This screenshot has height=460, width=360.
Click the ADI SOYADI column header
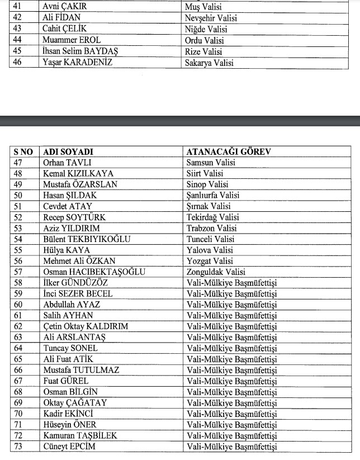coord(68,151)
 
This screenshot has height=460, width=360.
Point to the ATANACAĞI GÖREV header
coord(229,151)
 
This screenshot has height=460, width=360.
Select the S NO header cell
coord(23,151)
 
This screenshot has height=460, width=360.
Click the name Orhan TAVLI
coord(63,163)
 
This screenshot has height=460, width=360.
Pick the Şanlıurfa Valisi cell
coord(213,196)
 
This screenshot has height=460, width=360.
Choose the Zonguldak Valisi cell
coord(216,272)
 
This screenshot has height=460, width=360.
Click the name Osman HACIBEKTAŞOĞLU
coord(94,272)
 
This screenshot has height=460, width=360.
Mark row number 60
coord(18,305)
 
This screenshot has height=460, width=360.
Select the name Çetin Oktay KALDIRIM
coord(86,326)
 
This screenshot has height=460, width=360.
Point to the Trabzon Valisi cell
coord(212,229)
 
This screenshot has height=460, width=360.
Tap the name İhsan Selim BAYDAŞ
coord(80,51)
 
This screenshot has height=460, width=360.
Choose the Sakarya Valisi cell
coord(209,62)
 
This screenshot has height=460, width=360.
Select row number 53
coord(18,229)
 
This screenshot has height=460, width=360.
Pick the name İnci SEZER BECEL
coord(78,294)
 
